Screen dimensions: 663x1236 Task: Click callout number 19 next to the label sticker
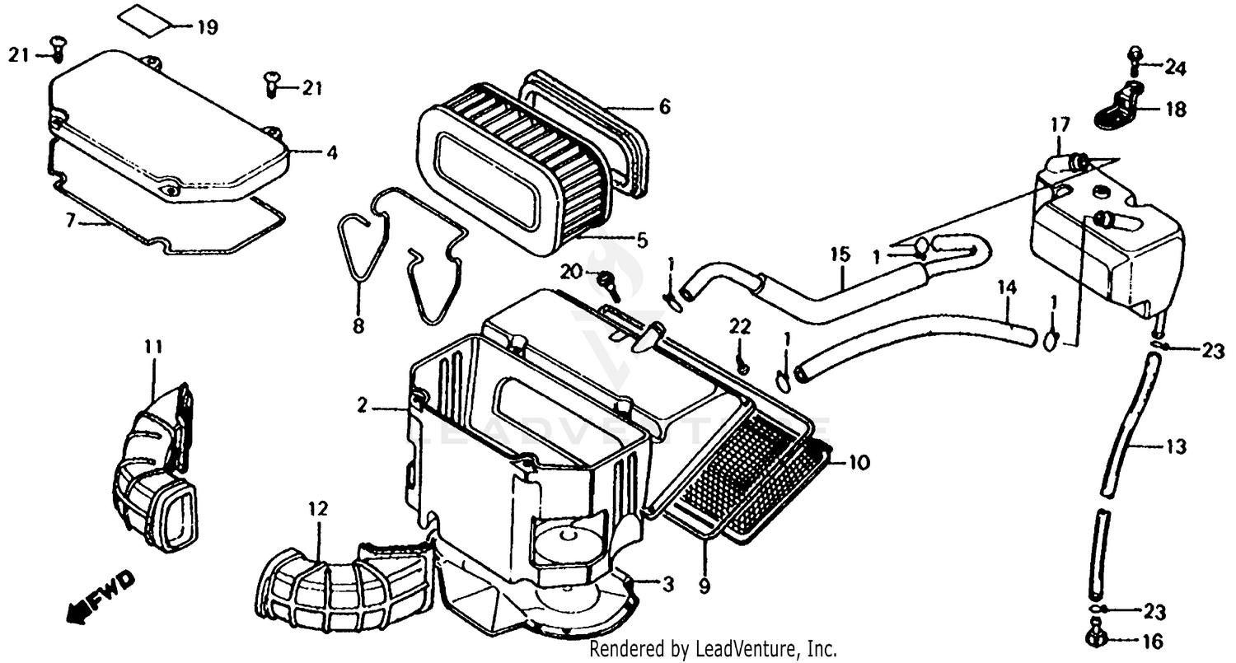pos(207,27)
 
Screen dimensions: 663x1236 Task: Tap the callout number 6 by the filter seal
pos(664,107)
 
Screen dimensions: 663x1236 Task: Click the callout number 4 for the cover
pos(331,152)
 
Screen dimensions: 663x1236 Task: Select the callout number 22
pos(739,327)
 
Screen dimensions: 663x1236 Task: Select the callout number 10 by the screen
pos(859,463)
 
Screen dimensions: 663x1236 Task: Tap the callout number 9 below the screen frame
pos(706,588)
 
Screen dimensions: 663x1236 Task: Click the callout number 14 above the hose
pos(1007,288)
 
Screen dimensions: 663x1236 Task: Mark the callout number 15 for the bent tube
pos(839,254)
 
